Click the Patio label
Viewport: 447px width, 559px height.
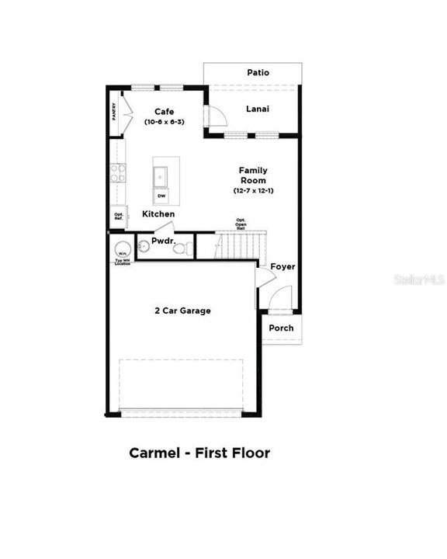tap(258, 72)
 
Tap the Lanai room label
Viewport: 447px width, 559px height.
tap(257, 109)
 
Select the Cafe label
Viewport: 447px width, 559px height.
tap(163, 112)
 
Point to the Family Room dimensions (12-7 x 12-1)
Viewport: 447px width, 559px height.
tap(253, 190)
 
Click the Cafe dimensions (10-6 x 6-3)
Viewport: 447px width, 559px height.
tap(163, 123)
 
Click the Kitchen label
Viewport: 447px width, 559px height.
tap(158, 214)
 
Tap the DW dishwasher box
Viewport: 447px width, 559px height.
tap(161, 196)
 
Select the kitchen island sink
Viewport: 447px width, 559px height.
tap(161, 176)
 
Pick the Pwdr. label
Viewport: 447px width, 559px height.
tap(162, 241)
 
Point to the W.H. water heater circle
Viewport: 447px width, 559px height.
tap(122, 250)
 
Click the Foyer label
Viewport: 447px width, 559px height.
tap(282, 266)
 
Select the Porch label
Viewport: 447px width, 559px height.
tap(281, 328)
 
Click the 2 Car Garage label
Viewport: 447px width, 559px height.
tap(182, 311)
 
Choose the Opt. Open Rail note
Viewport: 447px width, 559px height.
tap(241, 224)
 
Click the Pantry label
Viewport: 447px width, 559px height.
tap(114, 113)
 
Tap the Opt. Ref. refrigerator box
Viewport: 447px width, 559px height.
tap(119, 216)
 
